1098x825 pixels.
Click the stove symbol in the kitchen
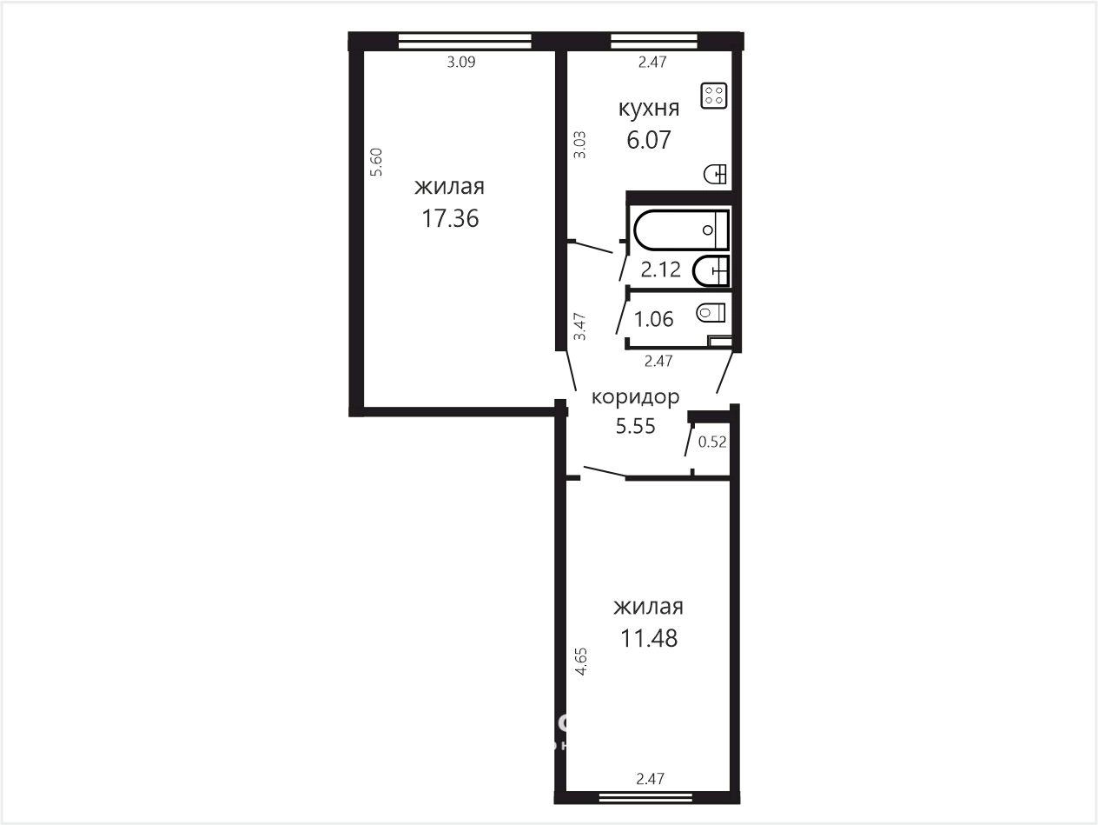(714, 96)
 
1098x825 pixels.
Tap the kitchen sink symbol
(715, 174)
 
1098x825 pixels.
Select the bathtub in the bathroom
(681, 230)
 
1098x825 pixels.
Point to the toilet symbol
(711, 313)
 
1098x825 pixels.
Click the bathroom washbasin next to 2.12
(711, 271)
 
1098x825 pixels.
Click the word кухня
(649, 108)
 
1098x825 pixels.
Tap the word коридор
(635, 397)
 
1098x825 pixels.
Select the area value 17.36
(450, 218)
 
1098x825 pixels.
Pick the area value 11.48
(649, 638)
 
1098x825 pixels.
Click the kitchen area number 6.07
(648, 140)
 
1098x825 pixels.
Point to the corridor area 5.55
(635, 426)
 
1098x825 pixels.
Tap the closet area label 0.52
(711, 442)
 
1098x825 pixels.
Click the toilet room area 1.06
(654, 319)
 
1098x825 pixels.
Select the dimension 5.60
(376, 163)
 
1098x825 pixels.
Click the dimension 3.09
(460, 62)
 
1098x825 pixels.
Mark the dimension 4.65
(581, 662)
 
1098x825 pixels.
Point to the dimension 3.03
(579, 144)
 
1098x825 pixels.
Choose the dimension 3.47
(579, 326)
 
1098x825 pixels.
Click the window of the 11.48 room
(645, 796)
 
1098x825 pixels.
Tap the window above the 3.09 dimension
(465, 41)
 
